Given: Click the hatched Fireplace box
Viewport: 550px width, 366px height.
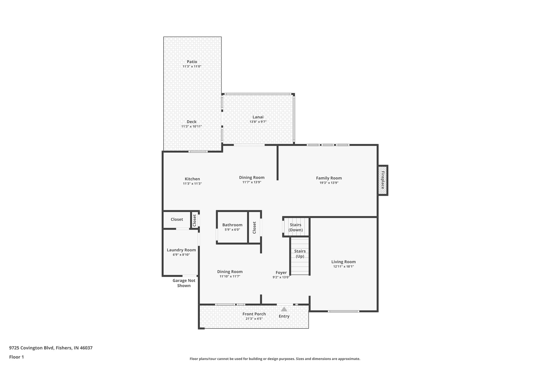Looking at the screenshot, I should [383, 180].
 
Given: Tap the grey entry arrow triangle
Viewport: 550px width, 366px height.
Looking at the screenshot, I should [284, 309].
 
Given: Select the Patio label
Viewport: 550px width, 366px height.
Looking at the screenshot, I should [192, 62].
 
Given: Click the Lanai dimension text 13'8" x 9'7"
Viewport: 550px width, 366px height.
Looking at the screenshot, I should [258, 122].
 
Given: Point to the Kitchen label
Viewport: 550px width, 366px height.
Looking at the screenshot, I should [192, 179].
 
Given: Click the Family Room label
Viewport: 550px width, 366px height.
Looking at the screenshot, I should [329, 178].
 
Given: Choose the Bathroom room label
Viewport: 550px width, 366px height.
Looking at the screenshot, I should [232, 225].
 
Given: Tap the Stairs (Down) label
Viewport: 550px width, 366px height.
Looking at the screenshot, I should [295, 227].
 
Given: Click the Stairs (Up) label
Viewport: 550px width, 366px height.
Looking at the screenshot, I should [300, 254].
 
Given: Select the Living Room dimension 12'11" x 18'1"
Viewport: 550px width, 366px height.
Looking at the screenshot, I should [343, 267].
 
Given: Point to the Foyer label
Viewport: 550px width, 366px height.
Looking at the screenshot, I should [281, 273].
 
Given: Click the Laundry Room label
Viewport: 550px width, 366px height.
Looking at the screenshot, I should [181, 250].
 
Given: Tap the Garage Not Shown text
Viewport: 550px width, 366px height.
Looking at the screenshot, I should [184, 283].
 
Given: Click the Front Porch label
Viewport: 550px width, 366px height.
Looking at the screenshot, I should [254, 314].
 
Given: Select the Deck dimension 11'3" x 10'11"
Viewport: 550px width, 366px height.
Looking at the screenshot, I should [191, 126].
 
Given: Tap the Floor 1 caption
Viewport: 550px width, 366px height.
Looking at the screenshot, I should [17, 357].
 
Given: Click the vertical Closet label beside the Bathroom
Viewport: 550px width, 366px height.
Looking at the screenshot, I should [254, 227].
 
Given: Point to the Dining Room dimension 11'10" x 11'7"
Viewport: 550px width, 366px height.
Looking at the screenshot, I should [230, 276].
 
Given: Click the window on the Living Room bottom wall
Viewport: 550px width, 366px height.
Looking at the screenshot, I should [343, 311].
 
